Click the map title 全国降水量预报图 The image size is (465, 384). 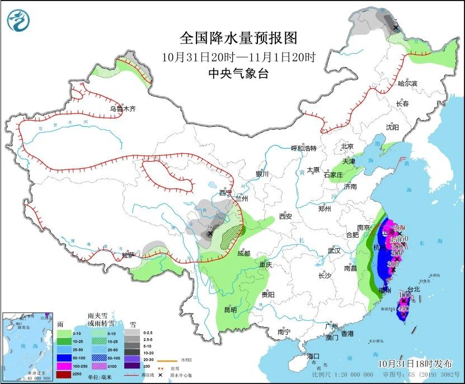238,38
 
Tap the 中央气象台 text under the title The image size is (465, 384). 238,74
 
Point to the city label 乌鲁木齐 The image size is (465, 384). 123,109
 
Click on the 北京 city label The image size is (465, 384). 347,146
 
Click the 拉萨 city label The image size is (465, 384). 128,255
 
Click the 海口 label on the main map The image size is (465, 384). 313,356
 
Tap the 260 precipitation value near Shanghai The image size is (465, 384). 399,227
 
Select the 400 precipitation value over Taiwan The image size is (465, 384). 404,295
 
